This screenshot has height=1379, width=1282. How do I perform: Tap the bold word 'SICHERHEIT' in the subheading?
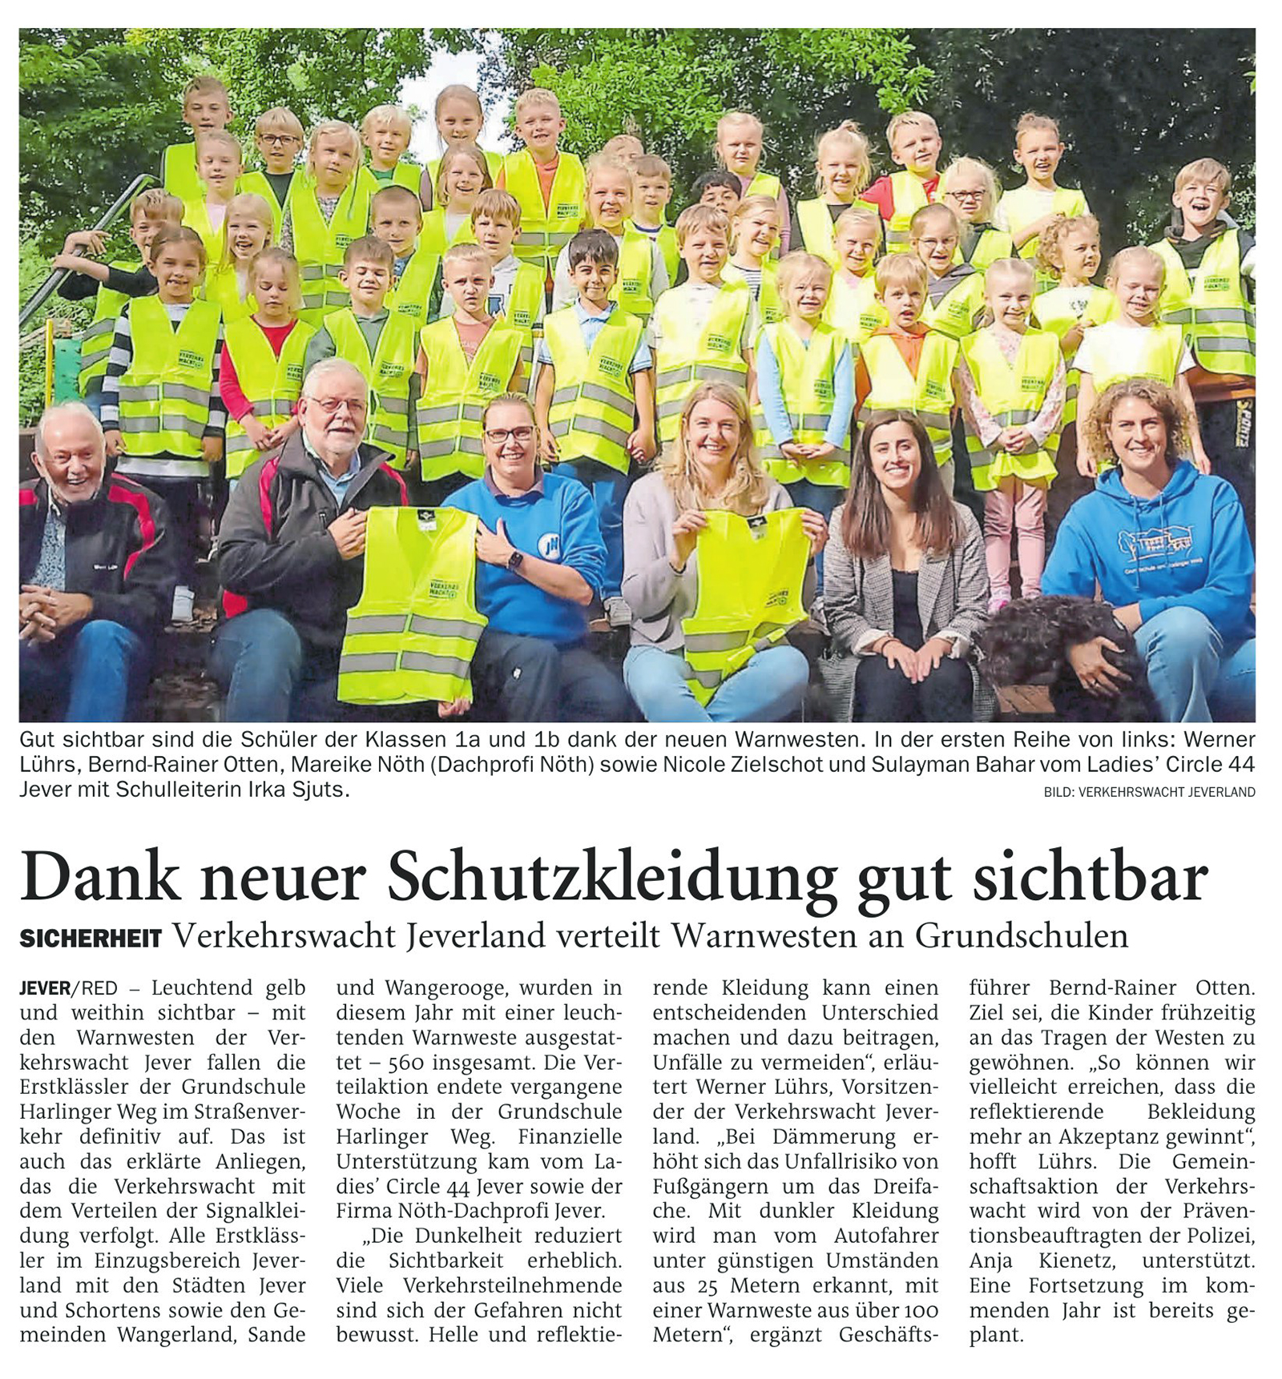click(91, 938)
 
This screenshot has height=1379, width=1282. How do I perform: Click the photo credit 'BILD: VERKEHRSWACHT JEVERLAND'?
click(1149, 792)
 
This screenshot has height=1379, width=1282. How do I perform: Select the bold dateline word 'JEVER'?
click(45, 988)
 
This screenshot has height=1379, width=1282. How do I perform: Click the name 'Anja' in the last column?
click(990, 1260)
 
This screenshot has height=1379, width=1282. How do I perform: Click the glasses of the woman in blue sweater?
click(509, 434)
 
